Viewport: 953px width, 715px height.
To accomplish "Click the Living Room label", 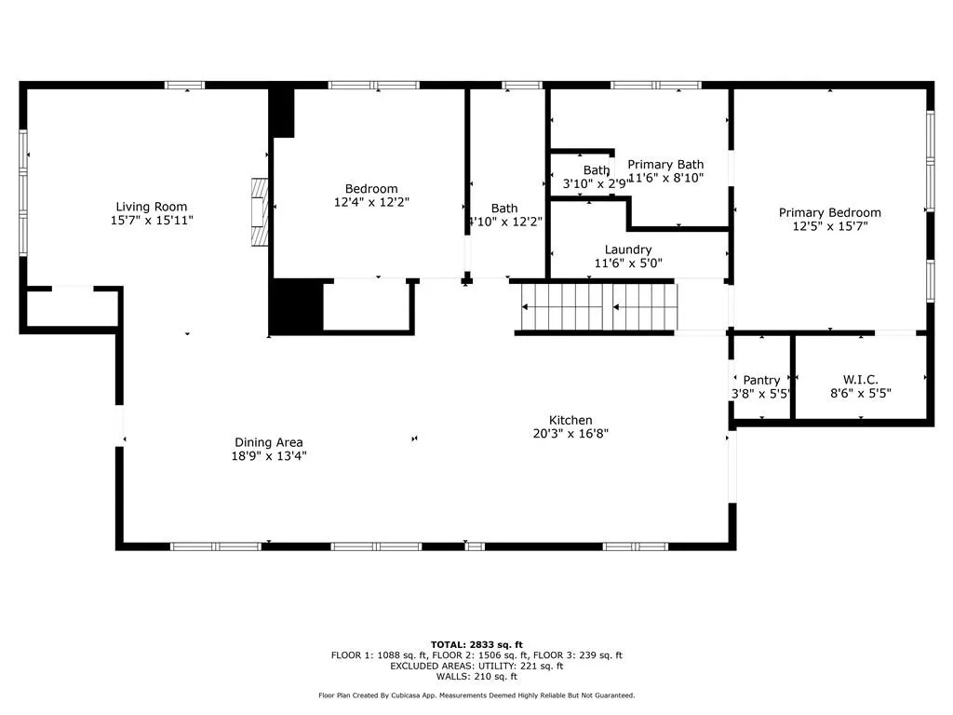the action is coord(152,207).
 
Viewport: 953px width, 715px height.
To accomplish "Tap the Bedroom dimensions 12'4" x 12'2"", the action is coord(371,202).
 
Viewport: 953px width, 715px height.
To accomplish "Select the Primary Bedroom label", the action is coord(829,213).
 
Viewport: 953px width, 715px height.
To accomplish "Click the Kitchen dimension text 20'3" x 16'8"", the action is coord(570,434).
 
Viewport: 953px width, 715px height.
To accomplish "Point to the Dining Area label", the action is coord(269,442).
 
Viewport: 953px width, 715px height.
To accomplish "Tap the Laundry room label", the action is coord(628,250).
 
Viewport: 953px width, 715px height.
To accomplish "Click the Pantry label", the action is coord(761,381).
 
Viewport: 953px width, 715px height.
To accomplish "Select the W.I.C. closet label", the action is coord(860,380).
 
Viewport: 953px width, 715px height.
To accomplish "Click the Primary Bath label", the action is coord(665,165).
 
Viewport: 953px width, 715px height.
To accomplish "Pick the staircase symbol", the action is coord(598,307).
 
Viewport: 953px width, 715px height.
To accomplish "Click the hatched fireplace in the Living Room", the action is coord(261,212).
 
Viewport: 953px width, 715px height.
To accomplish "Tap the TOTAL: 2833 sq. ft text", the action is coord(476,644).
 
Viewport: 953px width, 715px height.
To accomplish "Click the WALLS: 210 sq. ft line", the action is coord(476,676).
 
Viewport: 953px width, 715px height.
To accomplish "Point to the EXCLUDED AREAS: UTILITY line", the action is coord(476,666).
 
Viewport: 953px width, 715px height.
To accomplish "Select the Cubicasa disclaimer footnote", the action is coord(476,695).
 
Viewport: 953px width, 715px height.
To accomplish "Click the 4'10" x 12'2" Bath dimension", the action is coord(504,222).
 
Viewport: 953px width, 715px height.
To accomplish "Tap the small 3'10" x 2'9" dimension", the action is coord(596,183).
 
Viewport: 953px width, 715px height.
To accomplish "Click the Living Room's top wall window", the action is coord(185,85).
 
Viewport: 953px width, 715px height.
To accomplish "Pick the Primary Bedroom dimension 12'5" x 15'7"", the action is coord(829,226).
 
